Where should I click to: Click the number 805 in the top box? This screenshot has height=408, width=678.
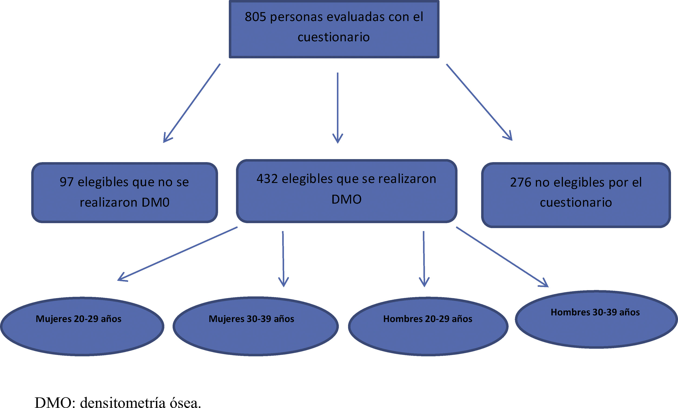(x=255, y=17)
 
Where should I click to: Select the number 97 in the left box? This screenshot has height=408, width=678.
(x=66, y=182)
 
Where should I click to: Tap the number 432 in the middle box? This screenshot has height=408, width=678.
(x=267, y=179)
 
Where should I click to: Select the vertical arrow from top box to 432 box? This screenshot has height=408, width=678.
(x=338, y=107)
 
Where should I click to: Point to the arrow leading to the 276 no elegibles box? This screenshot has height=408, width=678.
(x=479, y=102)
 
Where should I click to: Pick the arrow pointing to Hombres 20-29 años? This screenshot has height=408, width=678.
(x=424, y=258)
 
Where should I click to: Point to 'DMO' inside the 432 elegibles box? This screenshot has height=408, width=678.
(x=346, y=199)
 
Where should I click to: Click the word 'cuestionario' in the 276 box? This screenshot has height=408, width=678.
(x=576, y=203)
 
